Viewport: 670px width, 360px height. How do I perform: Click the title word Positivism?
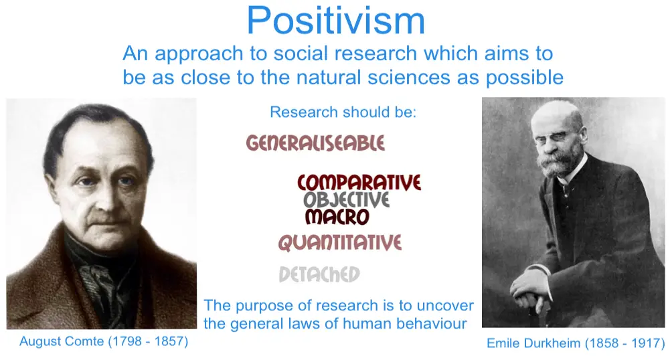(336, 21)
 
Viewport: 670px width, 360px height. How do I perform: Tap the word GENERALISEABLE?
(315, 143)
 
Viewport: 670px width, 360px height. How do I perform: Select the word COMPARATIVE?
(359, 183)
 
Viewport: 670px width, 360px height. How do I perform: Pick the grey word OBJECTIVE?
(347, 200)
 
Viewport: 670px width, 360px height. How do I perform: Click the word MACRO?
(337, 217)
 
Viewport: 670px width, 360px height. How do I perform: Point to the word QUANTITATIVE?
(340, 242)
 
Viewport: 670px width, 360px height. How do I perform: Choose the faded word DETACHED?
(319, 274)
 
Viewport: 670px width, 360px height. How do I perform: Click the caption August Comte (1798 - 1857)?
(104, 342)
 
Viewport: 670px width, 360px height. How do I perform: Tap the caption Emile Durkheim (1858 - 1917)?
(576, 343)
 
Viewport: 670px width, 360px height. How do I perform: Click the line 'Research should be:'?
(343, 112)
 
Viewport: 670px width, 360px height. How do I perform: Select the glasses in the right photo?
(555, 137)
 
